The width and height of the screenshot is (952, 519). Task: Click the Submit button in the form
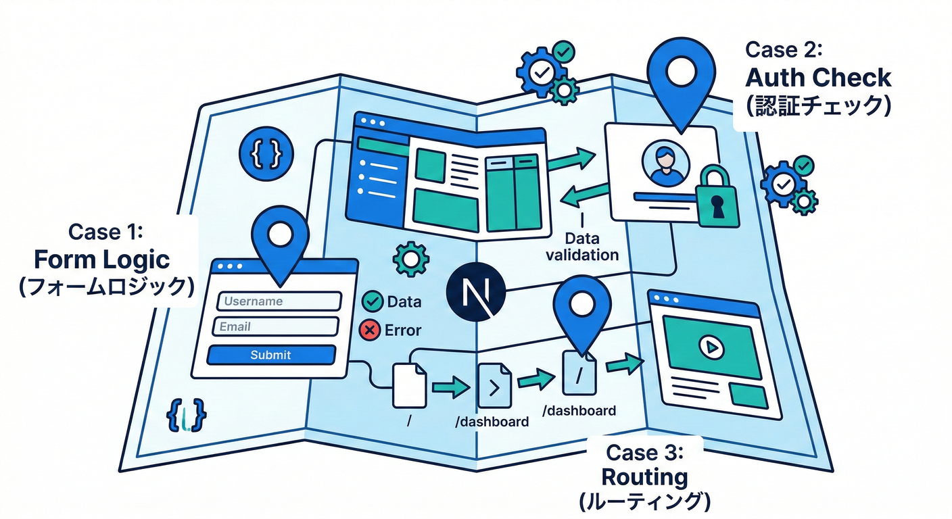point(270,355)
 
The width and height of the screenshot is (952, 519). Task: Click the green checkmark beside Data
point(372,301)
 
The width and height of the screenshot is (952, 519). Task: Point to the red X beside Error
point(370,330)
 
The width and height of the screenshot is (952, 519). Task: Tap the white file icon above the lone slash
point(409,385)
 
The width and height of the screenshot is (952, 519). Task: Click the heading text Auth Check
point(818,78)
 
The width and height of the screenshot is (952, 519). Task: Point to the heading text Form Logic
point(102,259)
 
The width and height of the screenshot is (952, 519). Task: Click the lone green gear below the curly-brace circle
point(410,258)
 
